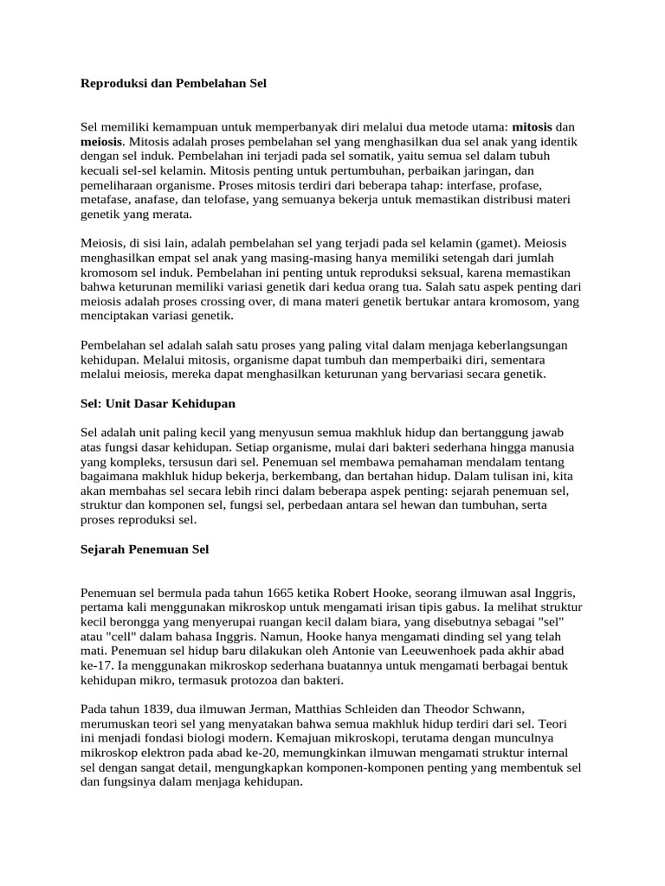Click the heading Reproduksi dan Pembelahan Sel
coord(174,84)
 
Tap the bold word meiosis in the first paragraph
coord(102,141)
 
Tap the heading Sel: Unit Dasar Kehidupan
coord(158,403)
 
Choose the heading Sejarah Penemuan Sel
coord(145,549)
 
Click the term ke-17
coord(95,667)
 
